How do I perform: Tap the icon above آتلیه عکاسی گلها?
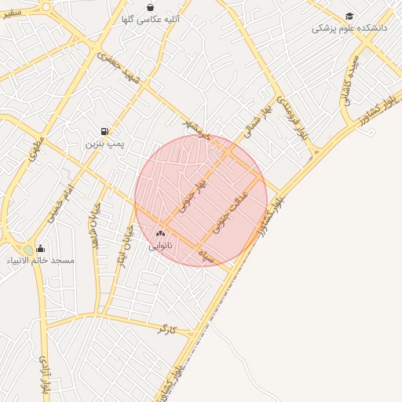tap(151, 7)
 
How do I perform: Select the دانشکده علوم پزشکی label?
tap(343, 28)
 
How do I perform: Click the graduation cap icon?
tap(349, 16)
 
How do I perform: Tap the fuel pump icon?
tap(104, 131)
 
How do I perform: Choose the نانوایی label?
tap(160, 246)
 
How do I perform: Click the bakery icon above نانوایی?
tap(161, 233)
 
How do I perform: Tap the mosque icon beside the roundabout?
tap(40, 249)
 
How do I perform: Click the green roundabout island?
tap(28, 250)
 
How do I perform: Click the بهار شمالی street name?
tap(258, 119)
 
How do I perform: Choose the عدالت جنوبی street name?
tap(230, 210)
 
